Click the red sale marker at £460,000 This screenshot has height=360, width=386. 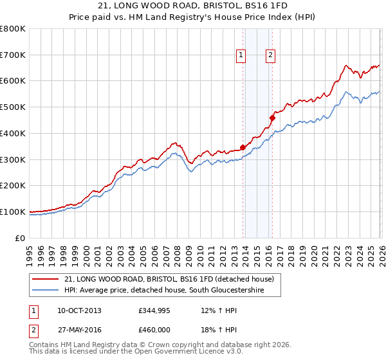pyautogui.click(x=273, y=118)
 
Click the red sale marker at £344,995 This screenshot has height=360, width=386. pyautogui.click(x=243, y=147)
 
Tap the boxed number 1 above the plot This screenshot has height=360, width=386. pyautogui.click(x=241, y=56)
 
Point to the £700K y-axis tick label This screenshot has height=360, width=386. pyautogui.click(x=13, y=55)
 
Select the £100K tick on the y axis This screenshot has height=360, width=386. pyautogui.click(x=13, y=212)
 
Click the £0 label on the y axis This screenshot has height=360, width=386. pyautogui.click(x=20, y=239)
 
